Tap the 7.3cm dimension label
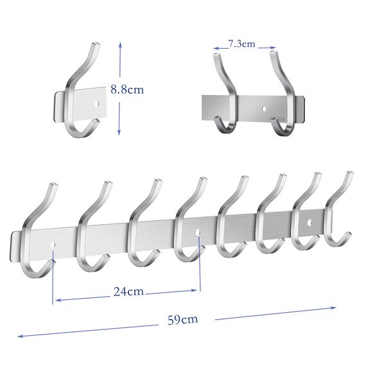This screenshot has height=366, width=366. pyautogui.click(x=241, y=44)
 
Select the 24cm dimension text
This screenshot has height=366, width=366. pyautogui.click(x=128, y=292)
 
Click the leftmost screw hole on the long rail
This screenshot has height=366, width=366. pyautogui.click(x=52, y=244)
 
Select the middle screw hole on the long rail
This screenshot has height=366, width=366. pyautogui.click(x=198, y=231)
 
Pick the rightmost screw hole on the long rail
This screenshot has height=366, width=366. pyautogui.click(x=309, y=223)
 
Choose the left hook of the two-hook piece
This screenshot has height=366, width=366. pyautogui.click(x=225, y=96)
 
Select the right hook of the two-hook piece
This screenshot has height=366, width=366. pyautogui.click(x=283, y=96)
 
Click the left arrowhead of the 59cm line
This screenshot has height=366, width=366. pyautogui.click(x=19, y=335)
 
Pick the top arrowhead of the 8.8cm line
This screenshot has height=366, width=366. pyautogui.click(x=120, y=45)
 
